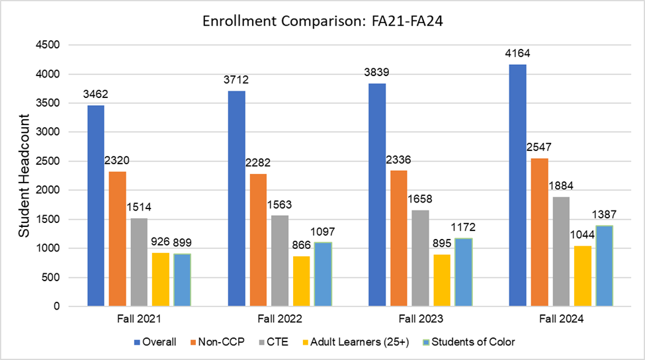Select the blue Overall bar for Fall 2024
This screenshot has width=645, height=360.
point(518,185)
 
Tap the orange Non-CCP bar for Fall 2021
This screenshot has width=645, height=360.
point(117,239)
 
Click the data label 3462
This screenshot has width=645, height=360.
point(95,94)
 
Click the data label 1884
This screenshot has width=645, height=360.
point(560,186)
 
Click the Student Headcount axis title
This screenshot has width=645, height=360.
point(23,176)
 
